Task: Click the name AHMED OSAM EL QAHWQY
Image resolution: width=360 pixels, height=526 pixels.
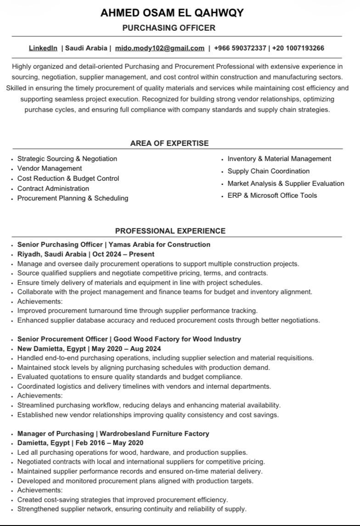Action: point(172,13)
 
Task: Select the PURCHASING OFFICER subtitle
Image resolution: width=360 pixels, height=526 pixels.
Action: point(169,28)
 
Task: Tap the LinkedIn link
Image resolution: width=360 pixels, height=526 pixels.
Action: point(43,48)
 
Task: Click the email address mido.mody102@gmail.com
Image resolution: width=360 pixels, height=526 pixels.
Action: point(160,48)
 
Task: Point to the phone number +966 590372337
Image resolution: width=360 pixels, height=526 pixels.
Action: point(240,48)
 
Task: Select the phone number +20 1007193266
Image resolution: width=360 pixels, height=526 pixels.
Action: point(298,48)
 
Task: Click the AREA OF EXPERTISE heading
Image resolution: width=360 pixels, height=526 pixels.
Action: point(169,143)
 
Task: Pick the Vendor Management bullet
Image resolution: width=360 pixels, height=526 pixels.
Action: point(50,168)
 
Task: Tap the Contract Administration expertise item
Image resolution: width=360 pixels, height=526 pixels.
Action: point(53,188)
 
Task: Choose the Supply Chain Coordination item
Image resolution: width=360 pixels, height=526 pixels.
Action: point(269,171)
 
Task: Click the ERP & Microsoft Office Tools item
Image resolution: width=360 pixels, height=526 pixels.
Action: point(272,196)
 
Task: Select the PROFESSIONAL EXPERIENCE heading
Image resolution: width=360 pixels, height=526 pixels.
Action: point(170,231)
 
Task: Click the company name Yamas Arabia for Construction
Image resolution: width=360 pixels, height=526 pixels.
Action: point(159,245)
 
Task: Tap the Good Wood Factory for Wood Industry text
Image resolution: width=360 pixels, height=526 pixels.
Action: point(177,339)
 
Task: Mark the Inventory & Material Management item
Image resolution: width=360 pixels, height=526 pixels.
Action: point(279,159)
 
